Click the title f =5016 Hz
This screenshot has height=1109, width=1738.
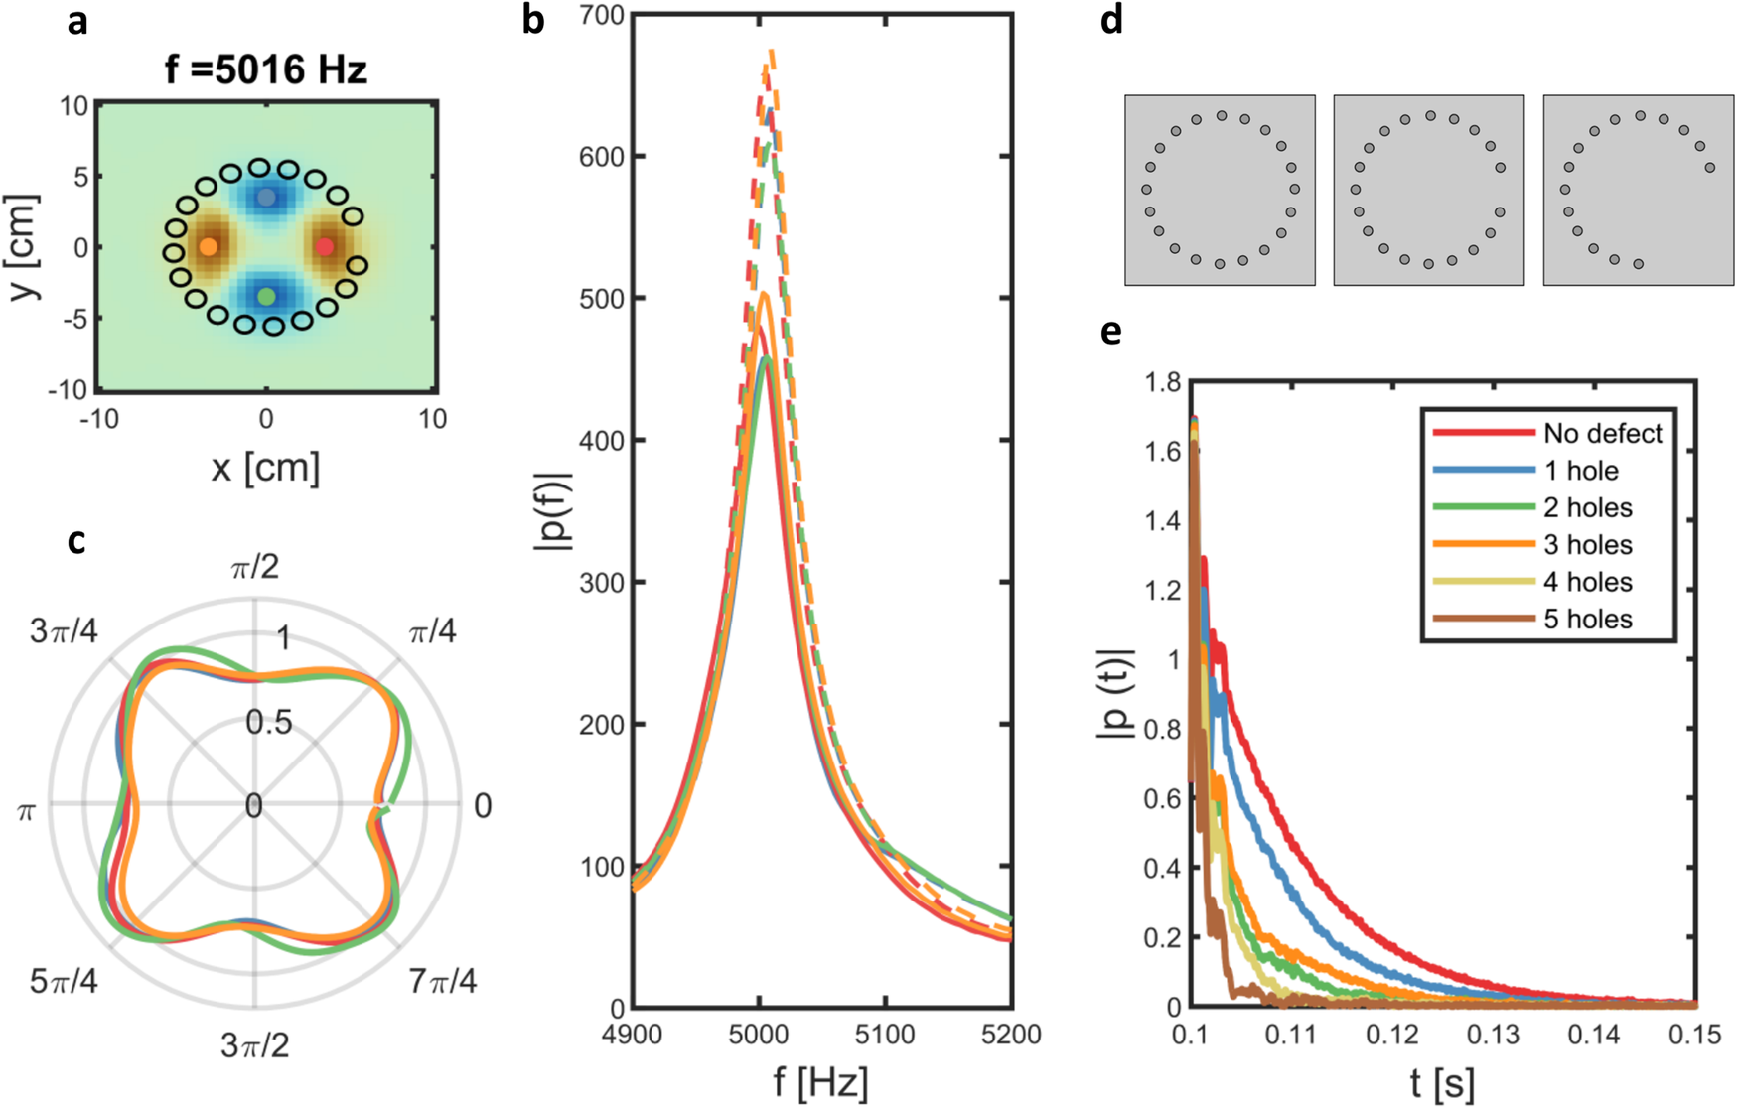point(266,69)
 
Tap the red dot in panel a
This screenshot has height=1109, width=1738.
point(325,246)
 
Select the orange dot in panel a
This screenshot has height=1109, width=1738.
point(208,246)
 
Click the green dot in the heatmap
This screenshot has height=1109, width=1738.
point(266,296)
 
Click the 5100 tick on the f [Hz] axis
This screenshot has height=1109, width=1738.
point(886,1035)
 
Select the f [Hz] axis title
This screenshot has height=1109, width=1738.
point(821,1081)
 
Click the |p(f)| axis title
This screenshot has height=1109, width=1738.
point(552,510)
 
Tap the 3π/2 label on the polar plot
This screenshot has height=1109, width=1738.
point(254,1045)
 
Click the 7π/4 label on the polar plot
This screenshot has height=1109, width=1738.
point(442,982)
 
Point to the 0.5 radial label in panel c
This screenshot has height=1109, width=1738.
point(269,722)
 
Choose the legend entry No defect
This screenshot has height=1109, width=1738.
point(1602,433)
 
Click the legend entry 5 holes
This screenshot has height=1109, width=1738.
point(1587,619)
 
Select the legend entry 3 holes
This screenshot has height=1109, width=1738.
point(1587,544)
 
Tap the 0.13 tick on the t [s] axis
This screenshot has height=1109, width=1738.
point(1494,1035)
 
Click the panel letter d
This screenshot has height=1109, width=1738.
point(1112,20)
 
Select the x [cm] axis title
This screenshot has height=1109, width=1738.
point(265,467)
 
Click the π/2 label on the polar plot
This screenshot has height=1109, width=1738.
point(254,568)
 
